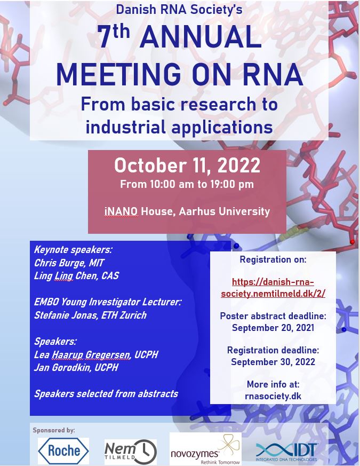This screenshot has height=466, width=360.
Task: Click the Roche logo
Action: pos(63,451)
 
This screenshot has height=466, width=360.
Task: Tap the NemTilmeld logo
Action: pos(131,452)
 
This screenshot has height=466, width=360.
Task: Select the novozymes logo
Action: pos(205,449)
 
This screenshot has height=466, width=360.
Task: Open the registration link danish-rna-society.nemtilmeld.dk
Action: pos(273,287)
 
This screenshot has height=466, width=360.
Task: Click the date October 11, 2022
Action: pos(187,165)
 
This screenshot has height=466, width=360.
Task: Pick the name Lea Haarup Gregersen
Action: pos(82,354)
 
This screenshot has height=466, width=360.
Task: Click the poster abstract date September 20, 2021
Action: pos(273,328)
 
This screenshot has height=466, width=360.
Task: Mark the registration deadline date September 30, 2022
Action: pos(273,362)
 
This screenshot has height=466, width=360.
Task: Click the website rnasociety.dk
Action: pos(273,396)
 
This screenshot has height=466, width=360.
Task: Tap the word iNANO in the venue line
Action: pos(121,211)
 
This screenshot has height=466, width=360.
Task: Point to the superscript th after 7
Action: pos(121,31)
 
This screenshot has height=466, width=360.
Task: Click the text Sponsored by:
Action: pos(54,430)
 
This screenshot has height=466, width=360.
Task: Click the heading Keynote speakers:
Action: pos(73,250)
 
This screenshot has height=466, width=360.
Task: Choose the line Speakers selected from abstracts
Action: pos(106,394)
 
